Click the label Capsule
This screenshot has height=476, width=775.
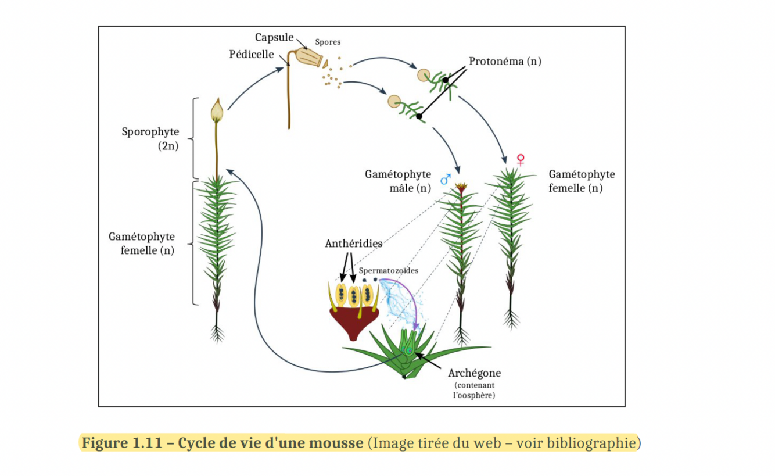[274, 38]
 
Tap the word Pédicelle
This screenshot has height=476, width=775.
[252, 54]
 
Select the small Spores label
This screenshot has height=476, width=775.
[328, 42]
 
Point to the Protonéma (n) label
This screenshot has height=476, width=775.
[505, 61]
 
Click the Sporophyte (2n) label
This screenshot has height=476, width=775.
[150, 139]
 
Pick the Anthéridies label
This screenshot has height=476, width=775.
[353, 244]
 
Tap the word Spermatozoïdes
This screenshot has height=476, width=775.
[388, 271]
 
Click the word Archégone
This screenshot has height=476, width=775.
[474, 373]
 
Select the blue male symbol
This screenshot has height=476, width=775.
[446, 179]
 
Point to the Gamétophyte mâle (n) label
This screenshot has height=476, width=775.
[398, 181]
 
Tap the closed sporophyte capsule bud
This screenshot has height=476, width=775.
[217, 110]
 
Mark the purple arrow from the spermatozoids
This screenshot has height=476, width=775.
[406, 299]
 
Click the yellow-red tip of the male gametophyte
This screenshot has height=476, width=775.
[462, 188]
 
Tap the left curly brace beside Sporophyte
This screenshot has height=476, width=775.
[193, 138]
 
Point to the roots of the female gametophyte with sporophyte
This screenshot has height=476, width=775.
[217, 333]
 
